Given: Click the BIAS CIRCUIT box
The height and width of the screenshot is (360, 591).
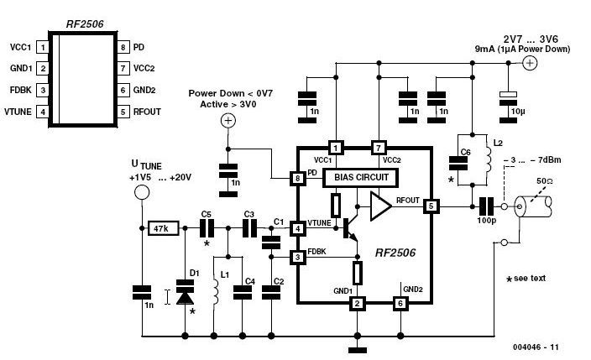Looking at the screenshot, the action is coord(360,178).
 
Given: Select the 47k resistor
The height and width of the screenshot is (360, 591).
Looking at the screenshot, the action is coord(163,228).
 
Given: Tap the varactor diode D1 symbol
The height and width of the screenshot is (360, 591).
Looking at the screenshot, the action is coord(185,292).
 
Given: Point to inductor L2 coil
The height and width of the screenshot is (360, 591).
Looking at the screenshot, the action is coord(489,159).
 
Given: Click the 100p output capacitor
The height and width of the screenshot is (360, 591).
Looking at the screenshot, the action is coord(486,206).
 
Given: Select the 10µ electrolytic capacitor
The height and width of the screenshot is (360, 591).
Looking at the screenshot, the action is coord(508,107).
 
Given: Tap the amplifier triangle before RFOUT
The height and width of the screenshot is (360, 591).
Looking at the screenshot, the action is coord(380,206).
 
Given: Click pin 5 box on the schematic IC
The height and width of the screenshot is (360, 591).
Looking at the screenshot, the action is coord(431,206).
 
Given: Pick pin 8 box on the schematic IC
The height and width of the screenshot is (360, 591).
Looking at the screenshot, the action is coord(298,178).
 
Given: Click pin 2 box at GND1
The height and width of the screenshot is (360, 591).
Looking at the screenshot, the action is coord(358,303).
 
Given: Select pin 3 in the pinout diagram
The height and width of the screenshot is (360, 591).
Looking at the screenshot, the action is coord(43,90).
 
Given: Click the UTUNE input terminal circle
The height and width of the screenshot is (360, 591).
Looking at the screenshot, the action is coord(142,192).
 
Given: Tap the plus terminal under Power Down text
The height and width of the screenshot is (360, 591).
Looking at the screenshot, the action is coord(228,121).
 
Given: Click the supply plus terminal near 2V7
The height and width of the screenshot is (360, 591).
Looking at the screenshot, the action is coord(530,63).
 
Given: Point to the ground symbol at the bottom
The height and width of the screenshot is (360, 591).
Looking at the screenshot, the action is coord(358,351).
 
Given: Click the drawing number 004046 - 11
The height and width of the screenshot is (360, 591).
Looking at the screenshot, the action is coord(536,347).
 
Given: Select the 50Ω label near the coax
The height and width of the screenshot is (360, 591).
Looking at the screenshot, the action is coord(544,181).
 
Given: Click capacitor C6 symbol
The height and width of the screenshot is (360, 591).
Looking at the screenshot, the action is coord(458,164).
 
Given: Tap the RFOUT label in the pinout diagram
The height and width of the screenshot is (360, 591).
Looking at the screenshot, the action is coord(147,112).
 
